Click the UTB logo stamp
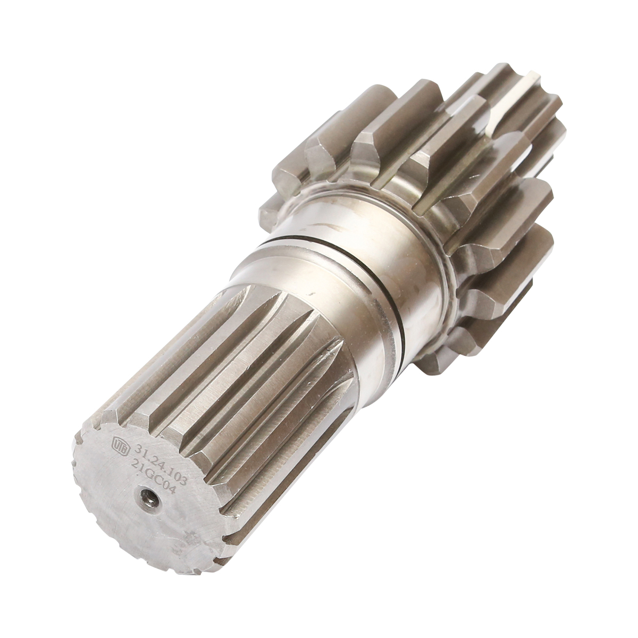[120, 444]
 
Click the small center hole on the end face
[146, 499]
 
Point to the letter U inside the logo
[116, 442]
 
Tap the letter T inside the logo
[120, 444]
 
